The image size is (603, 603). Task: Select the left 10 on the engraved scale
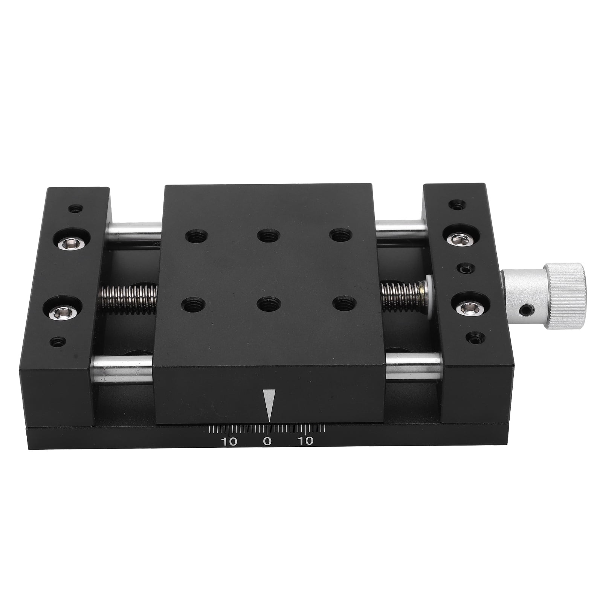(x=229, y=441)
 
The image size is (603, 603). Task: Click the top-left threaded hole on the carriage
(x=197, y=237)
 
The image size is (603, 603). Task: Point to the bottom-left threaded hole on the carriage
(x=194, y=304)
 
